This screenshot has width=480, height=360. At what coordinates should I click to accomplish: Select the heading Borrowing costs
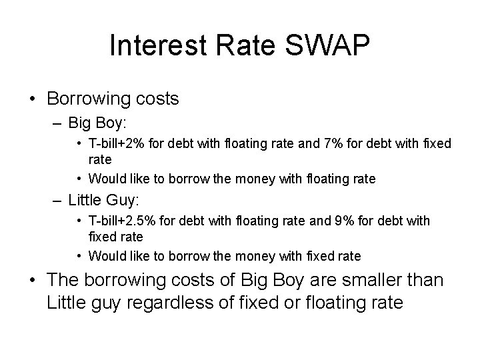coord(113,99)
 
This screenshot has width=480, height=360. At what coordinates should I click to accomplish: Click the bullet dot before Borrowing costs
coord(32,100)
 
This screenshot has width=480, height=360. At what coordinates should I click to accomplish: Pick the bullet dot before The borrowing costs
coord(32,281)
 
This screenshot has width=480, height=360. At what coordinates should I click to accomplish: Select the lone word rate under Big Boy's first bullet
coord(100,160)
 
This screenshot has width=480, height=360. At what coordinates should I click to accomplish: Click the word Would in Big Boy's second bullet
coord(105,179)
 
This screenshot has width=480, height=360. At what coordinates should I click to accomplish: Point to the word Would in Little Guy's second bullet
coord(105,256)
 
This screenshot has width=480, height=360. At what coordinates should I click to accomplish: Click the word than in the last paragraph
coord(424,281)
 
